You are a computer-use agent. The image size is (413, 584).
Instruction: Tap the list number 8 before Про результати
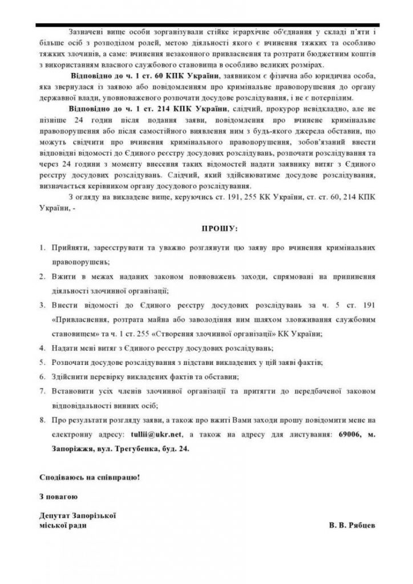42,420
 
